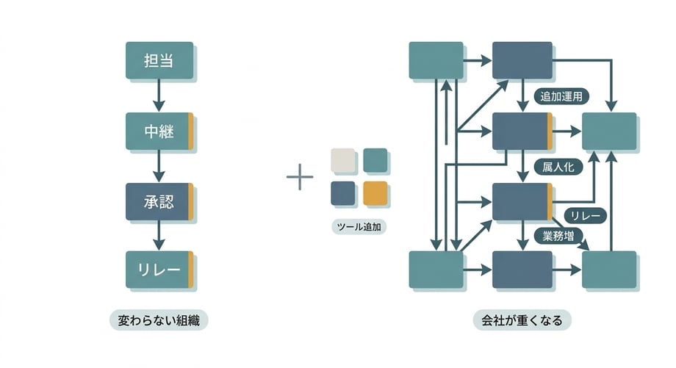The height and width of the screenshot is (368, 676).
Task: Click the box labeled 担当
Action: pos(159,61)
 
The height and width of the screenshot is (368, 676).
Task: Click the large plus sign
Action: pos(300,178)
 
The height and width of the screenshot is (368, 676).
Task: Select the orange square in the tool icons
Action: pos(375,192)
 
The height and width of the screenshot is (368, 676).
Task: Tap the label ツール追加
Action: pos(359,227)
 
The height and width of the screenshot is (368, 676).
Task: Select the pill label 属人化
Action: pos(559,167)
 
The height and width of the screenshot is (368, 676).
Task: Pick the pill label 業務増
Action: pos(558,236)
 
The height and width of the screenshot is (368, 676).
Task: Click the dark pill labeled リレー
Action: pos(586,215)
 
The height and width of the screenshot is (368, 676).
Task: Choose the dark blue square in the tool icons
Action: pos(343,192)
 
